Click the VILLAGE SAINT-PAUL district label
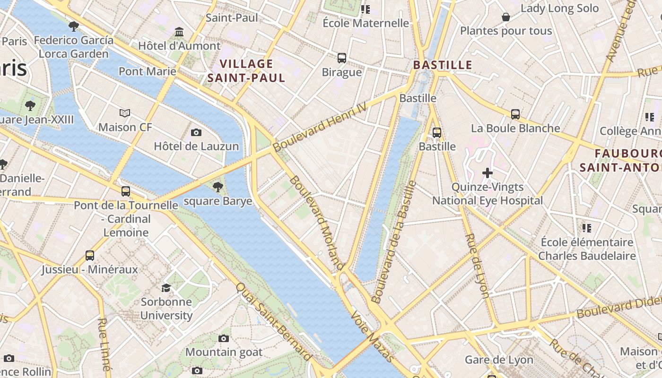coord(246,71)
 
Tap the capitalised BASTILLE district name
coord(443,65)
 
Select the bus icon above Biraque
coord(342,58)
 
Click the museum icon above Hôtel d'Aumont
coord(179,32)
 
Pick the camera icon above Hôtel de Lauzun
coord(196,132)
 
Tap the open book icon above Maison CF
coord(125,113)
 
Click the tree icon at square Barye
coord(218,187)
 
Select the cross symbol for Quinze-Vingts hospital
coord(488,173)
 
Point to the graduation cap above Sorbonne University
coord(166,288)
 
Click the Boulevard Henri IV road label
coord(320,127)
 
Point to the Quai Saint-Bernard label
coord(274,322)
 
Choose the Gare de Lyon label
coord(499,360)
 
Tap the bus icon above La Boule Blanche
coord(515,114)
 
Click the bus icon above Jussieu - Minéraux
coord(90,256)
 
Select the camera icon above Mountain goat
coord(224,338)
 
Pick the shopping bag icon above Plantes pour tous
coord(506,17)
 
